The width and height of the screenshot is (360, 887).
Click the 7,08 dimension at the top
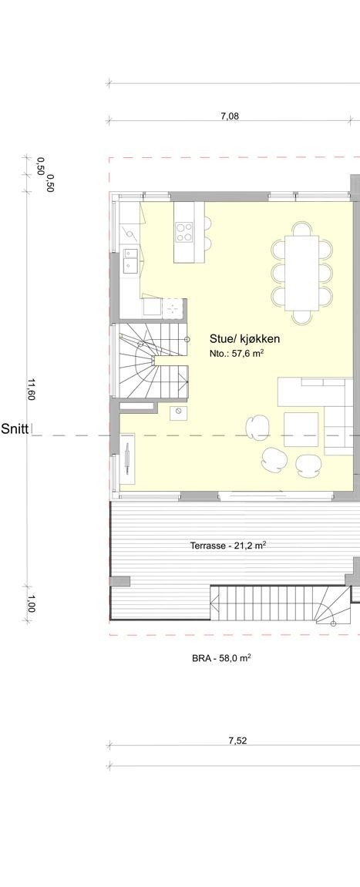pyautogui.click(x=229, y=116)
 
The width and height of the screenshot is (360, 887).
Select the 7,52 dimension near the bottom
pyautogui.click(x=237, y=741)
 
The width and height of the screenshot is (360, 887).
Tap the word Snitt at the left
pyautogui.click(x=14, y=429)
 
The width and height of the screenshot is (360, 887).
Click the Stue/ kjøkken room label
pyautogui.click(x=244, y=339)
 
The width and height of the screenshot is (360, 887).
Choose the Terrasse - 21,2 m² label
pyautogui.click(x=228, y=546)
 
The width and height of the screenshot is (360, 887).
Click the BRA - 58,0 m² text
pyautogui.click(x=221, y=658)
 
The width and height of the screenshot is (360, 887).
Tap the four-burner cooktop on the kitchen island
pyautogui.click(x=184, y=232)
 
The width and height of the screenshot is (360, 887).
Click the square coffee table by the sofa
pyautogui.click(x=301, y=429)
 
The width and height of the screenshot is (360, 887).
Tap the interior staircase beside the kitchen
pyautogui.click(x=153, y=361)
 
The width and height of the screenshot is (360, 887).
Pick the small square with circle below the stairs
pyautogui.click(x=179, y=413)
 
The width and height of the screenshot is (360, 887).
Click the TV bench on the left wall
pyautogui.click(x=127, y=460)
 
